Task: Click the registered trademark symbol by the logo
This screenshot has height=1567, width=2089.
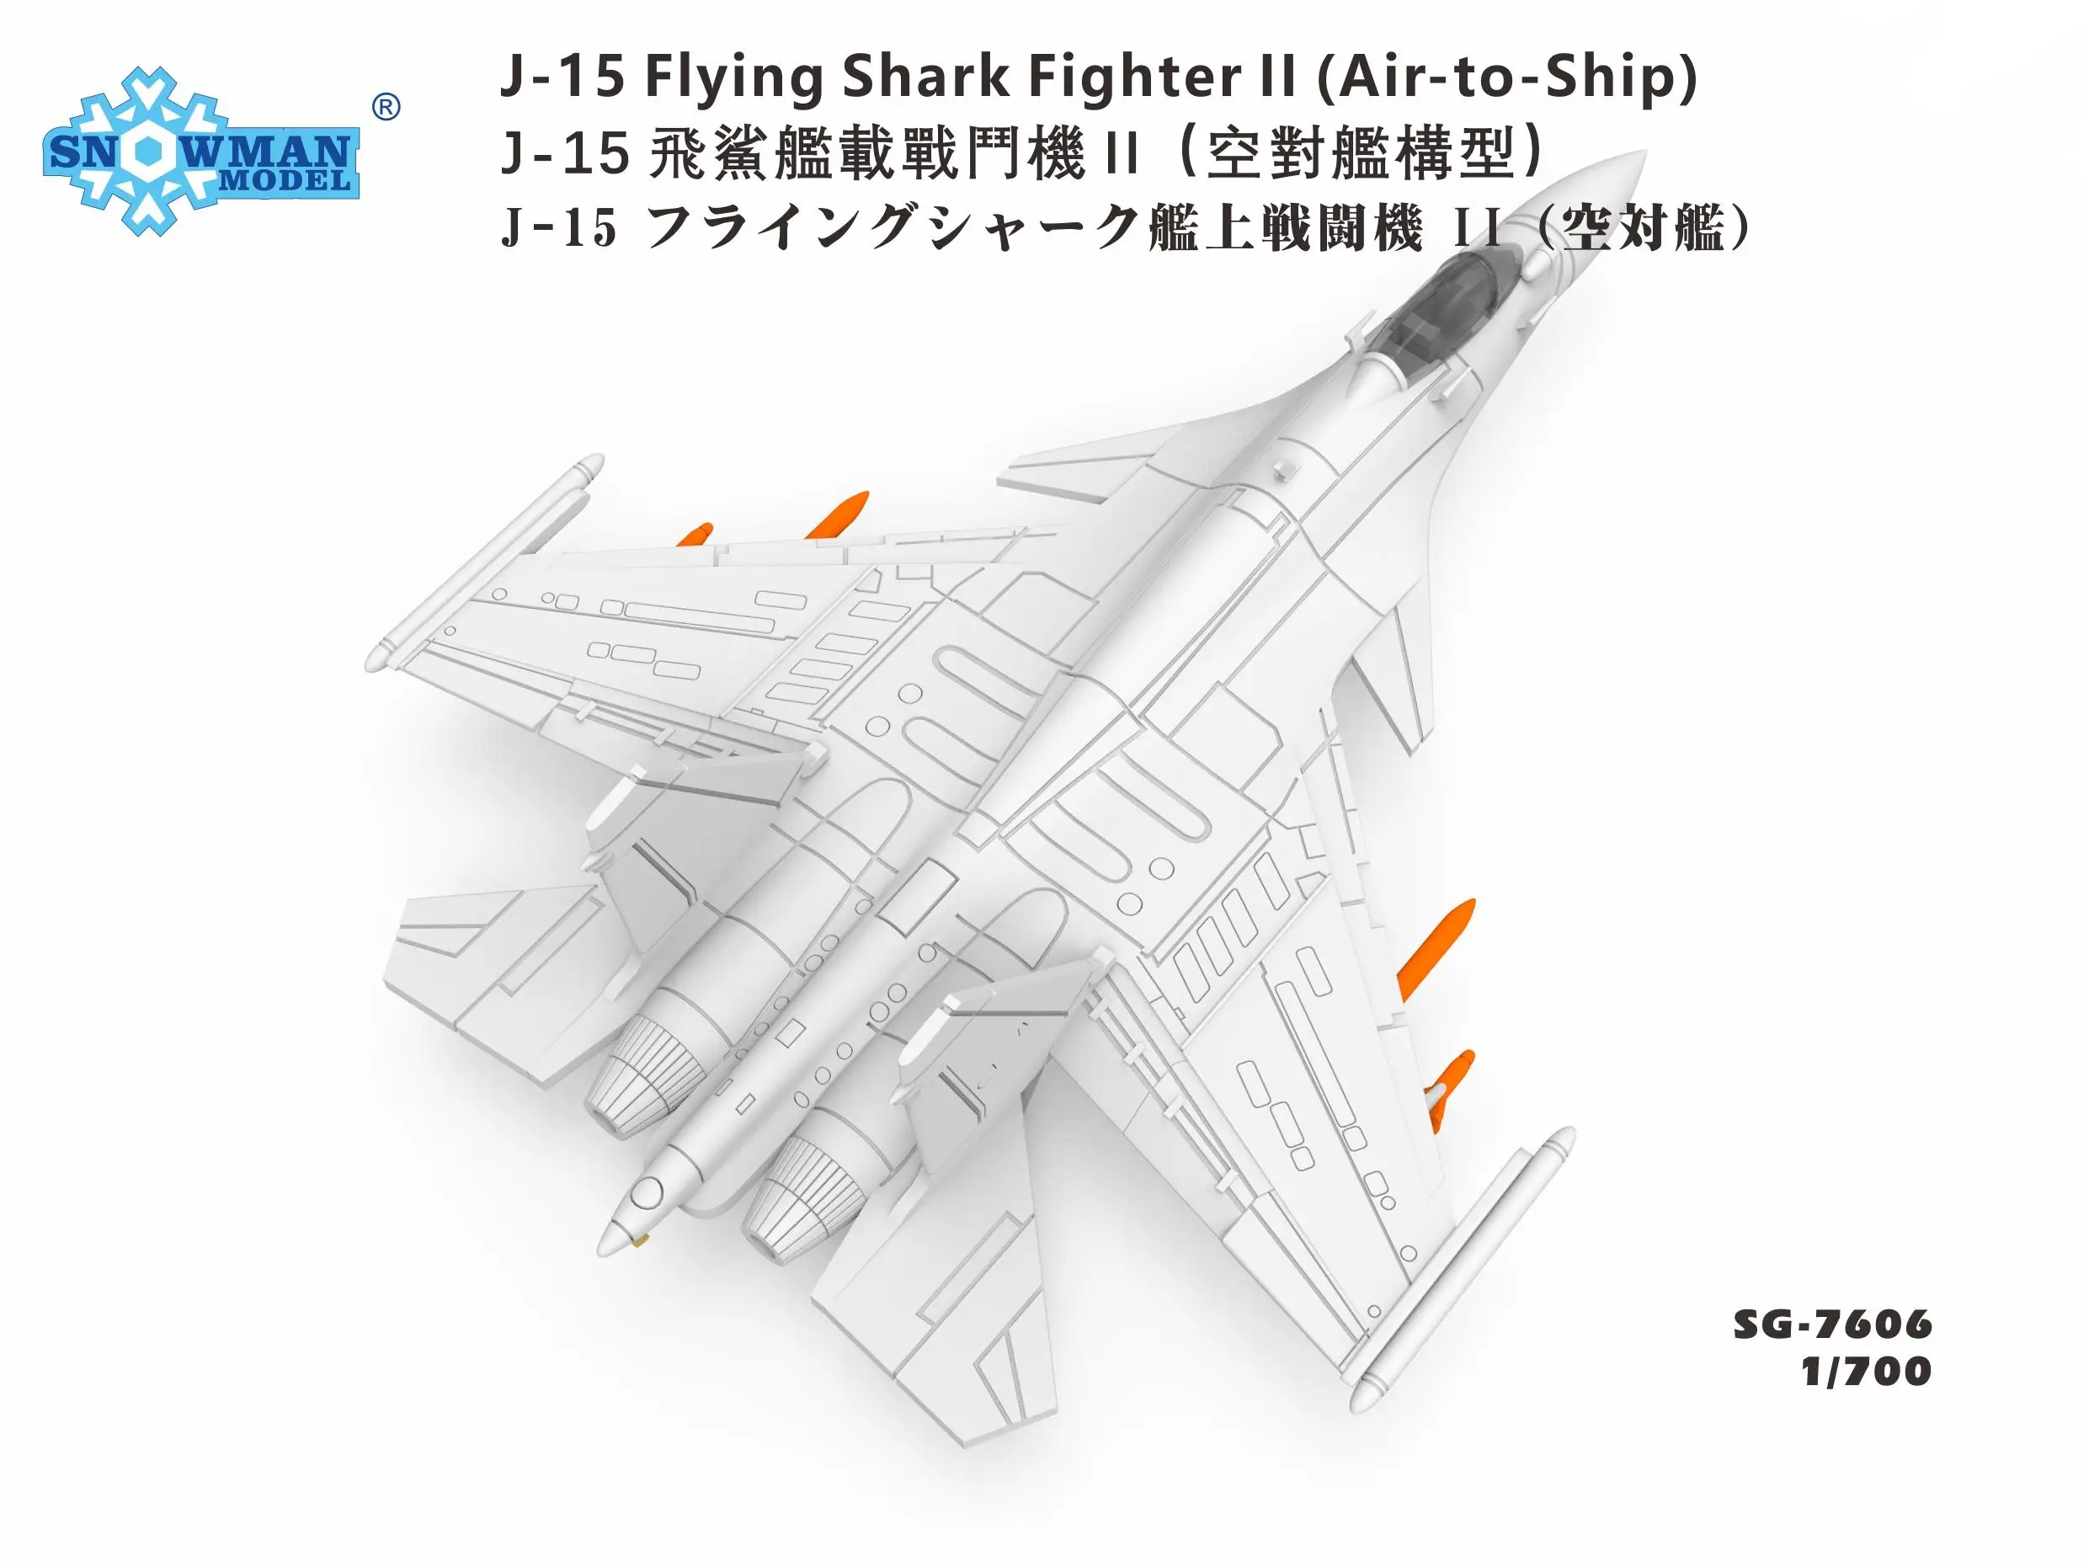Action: (386, 108)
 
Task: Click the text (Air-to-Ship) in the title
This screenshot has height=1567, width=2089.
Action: (1505, 76)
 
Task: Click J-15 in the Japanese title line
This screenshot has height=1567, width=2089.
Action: (559, 230)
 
